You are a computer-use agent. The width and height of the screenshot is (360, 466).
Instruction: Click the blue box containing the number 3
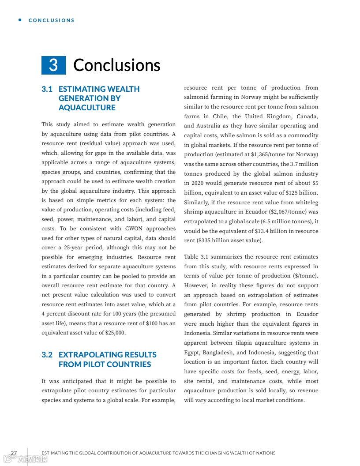(53, 65)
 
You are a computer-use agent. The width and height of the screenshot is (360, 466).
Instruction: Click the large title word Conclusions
(116, 65)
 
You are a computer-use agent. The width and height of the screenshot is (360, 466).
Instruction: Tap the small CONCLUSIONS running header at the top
(52, 20)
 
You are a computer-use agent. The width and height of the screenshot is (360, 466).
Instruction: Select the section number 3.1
(47, 89)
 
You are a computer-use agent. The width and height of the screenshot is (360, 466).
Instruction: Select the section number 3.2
(47, 355)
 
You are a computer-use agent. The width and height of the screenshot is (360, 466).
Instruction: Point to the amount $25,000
(115, 333)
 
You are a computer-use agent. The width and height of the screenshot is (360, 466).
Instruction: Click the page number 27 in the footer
(14, 453)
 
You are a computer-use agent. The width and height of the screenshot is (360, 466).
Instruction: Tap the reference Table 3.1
(197, 257)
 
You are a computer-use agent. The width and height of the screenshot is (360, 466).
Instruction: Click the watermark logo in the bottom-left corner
(25, 459)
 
